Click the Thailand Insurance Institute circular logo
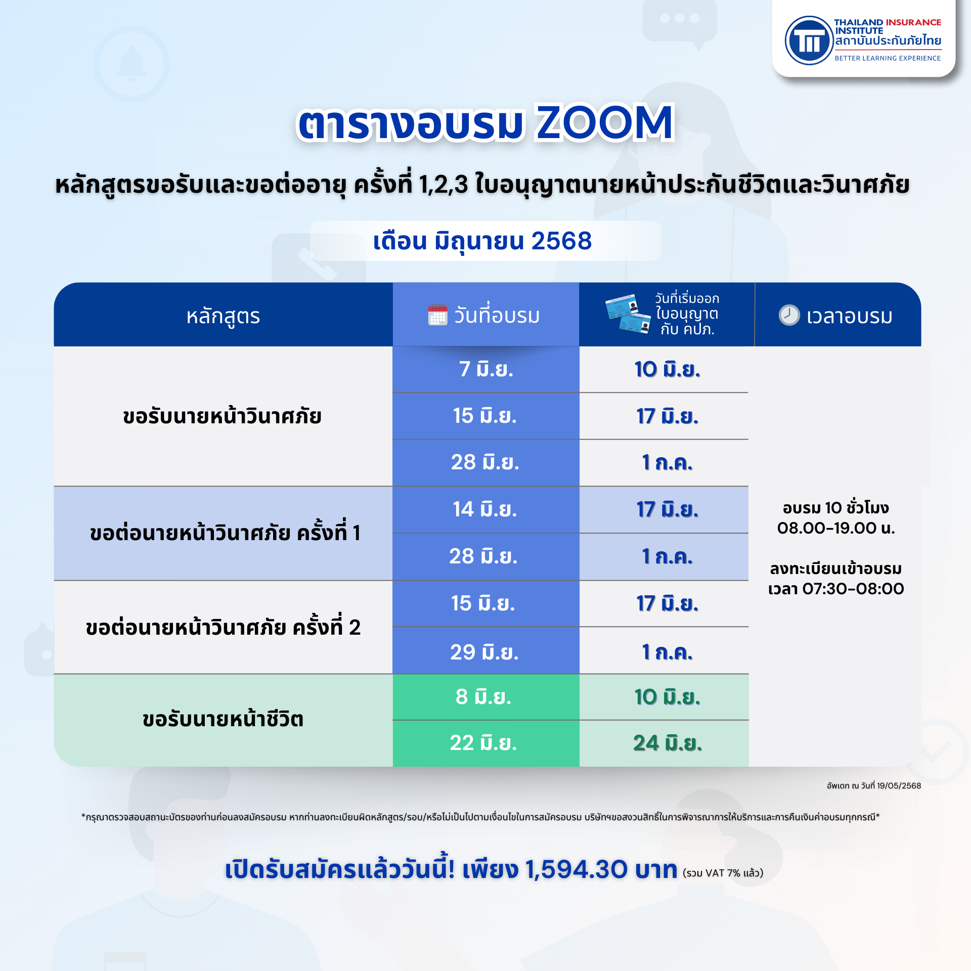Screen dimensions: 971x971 809,40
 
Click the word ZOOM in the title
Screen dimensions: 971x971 605,122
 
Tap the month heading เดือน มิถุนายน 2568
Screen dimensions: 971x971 482,241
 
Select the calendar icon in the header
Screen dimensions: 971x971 437,315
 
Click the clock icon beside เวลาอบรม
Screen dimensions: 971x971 789,315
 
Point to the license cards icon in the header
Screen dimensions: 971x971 628,314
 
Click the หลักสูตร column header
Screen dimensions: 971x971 223,316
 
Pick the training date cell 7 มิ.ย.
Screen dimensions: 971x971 486,369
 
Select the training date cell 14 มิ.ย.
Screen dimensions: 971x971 486,509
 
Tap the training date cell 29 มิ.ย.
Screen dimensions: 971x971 486,652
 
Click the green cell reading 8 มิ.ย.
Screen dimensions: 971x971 486,697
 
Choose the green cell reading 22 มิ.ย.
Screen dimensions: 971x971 486,743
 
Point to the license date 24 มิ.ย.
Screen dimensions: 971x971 668,743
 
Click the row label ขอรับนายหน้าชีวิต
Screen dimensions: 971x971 223,720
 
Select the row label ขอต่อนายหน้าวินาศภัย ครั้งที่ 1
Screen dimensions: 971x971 225,533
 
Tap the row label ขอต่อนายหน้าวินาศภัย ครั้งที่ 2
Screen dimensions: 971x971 223,627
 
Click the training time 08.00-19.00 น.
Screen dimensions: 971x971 836,528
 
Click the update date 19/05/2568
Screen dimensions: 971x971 899,785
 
